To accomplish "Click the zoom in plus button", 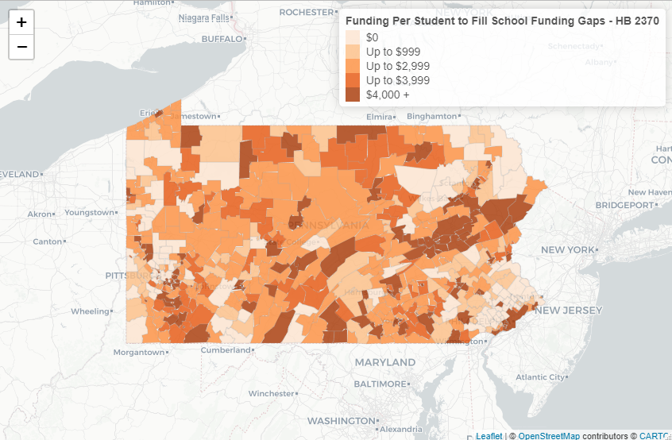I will [x=21, y=22].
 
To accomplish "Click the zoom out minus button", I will [x=21, y=47].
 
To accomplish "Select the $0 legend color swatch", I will [x=352, y=37].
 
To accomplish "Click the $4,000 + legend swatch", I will [x=352, y=95].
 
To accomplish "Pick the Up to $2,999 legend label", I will [x=398, y=66].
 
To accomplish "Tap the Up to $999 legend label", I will [x=393, y=52].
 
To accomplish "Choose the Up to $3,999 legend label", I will [x=398, y=80].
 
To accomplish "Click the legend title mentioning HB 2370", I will [x=502, y=21].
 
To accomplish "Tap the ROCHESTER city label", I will [x=306, y=12].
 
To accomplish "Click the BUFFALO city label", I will [x=221, y=38].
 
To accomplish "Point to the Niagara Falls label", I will [x=204, y=17].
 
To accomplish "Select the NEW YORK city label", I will [x=568, y=250].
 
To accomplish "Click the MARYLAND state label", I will [x=384, y=362].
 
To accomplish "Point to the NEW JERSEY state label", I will [x=570, y=310].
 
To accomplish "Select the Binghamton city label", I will [x=432, y=116].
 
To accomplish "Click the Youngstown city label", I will [x=89, y=213].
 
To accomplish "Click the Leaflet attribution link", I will [x=489, y=435].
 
